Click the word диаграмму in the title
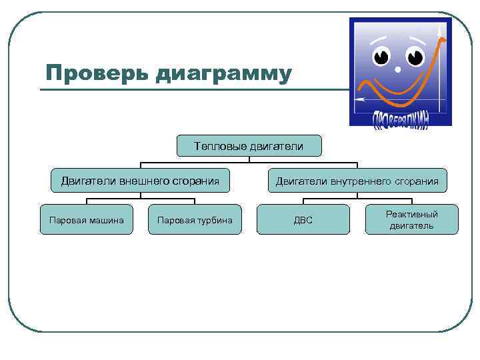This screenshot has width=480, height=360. pyautogui.click(x=223, y=73)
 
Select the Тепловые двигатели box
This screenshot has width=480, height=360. pyautogui.click(x=249, y=146)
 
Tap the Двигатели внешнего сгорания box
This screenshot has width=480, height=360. pyautogui.click(x=140, y=180)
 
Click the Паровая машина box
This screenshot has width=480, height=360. pyautogui.click(x=87, y=220)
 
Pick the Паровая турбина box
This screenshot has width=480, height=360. pyautogui.click(x=195, y=220)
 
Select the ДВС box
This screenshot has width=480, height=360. pyautogui.click(x=303, y=220)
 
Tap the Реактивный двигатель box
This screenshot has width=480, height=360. pyautogui.click(x=411, y=219)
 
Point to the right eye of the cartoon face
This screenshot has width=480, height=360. pyautogui.click(x=415, y=56)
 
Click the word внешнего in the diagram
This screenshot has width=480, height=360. pyautogui.click(x=141, y=180)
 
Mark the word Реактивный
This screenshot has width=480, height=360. pyautogui.click(x=411, y=214)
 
